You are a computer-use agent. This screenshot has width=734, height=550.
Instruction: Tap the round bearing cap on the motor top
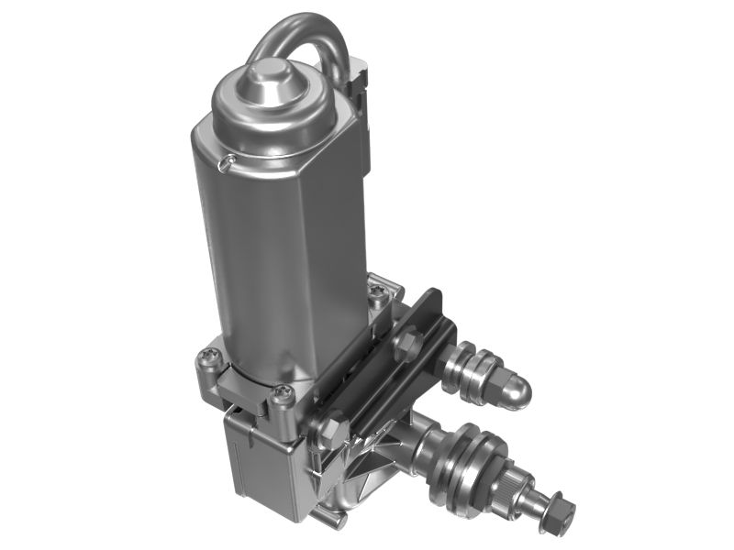tap(272, 80)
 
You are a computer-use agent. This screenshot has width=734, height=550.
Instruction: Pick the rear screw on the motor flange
tap(378, 293)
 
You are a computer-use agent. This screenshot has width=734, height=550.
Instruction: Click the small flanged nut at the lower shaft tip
tap(556, 517)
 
